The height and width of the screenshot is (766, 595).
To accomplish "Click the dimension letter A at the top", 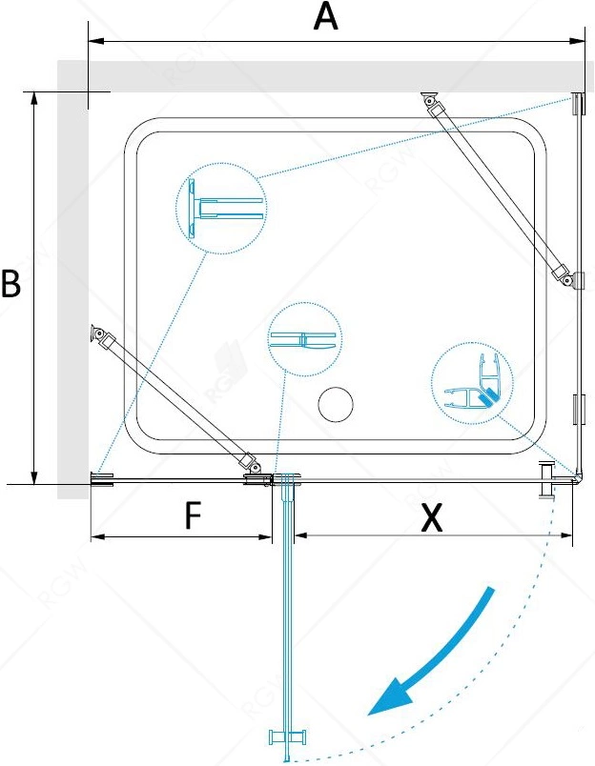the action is point(326,17).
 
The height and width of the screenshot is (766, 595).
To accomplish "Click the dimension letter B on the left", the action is point(10,283).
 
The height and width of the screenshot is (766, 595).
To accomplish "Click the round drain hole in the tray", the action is point(336,405).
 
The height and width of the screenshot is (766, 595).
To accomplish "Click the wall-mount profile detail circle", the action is point(221,208).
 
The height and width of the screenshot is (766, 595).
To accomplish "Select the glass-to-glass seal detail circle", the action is point(305,339).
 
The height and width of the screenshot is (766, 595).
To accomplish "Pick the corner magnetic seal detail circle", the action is point(472,383).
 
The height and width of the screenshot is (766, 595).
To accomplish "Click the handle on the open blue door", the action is point(289,736).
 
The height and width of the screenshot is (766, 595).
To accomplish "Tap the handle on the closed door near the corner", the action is point(546,480).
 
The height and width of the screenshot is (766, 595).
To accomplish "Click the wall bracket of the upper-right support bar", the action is point(429,98).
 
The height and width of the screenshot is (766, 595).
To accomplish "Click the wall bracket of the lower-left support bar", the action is point(97,333).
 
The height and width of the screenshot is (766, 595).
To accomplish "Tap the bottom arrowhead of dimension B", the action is point(33,476).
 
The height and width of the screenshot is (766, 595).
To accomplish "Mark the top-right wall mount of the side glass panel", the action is point(579,104).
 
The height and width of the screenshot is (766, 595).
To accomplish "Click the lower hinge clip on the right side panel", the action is point(579,410).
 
